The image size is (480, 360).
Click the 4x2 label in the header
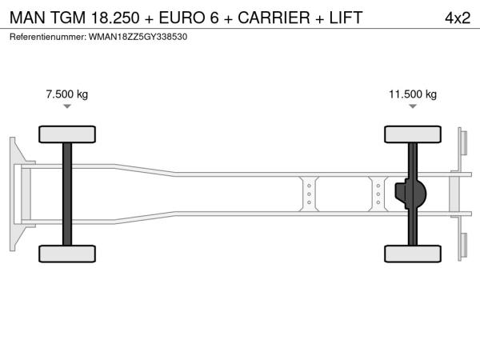(x=458, y=18)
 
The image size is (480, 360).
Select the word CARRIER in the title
(x=274, y=18)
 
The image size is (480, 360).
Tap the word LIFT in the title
(x=346, y=18)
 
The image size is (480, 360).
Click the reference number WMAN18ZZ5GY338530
(x=138, y=37)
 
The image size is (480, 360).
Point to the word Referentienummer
(x=48, y=37)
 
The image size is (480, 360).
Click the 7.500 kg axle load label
(x=67, y=94)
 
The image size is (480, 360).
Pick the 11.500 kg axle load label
(x=413, y=94)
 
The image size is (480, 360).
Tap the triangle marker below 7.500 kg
(x=67, y=106)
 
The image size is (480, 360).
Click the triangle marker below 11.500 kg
(x=413, y=106)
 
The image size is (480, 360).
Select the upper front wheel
(x=67, y=134)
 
